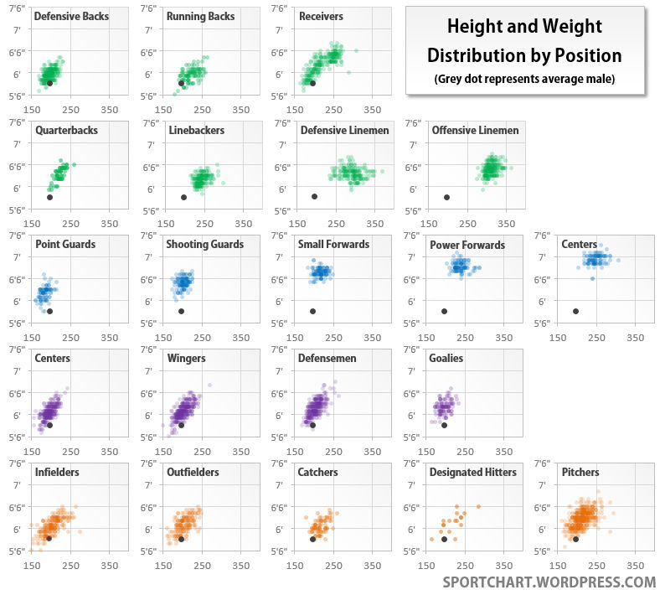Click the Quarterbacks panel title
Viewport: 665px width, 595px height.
tap(66, 131)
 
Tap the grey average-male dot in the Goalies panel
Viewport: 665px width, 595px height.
tap(444, 425)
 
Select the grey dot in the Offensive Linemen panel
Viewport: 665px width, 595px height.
tap(446, 197)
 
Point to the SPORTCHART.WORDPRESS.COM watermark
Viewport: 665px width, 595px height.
tap(549, 582)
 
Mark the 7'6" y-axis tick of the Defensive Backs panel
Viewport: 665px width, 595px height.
tap(14, 8)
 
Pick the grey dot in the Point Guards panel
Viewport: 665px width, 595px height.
tap(49, 311)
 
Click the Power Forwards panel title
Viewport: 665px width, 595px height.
tap(467, 245)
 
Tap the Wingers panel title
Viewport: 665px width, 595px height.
tap(186, 359)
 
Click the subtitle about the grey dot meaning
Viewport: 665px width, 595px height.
tap(524, 80)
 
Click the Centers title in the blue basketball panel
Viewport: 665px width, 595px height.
tap(579, 245)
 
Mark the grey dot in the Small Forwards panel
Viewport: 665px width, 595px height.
tap(312, 311)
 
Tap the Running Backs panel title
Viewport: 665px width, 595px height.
tap(201, 17)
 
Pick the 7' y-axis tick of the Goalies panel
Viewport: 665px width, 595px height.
tap(410, 371)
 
